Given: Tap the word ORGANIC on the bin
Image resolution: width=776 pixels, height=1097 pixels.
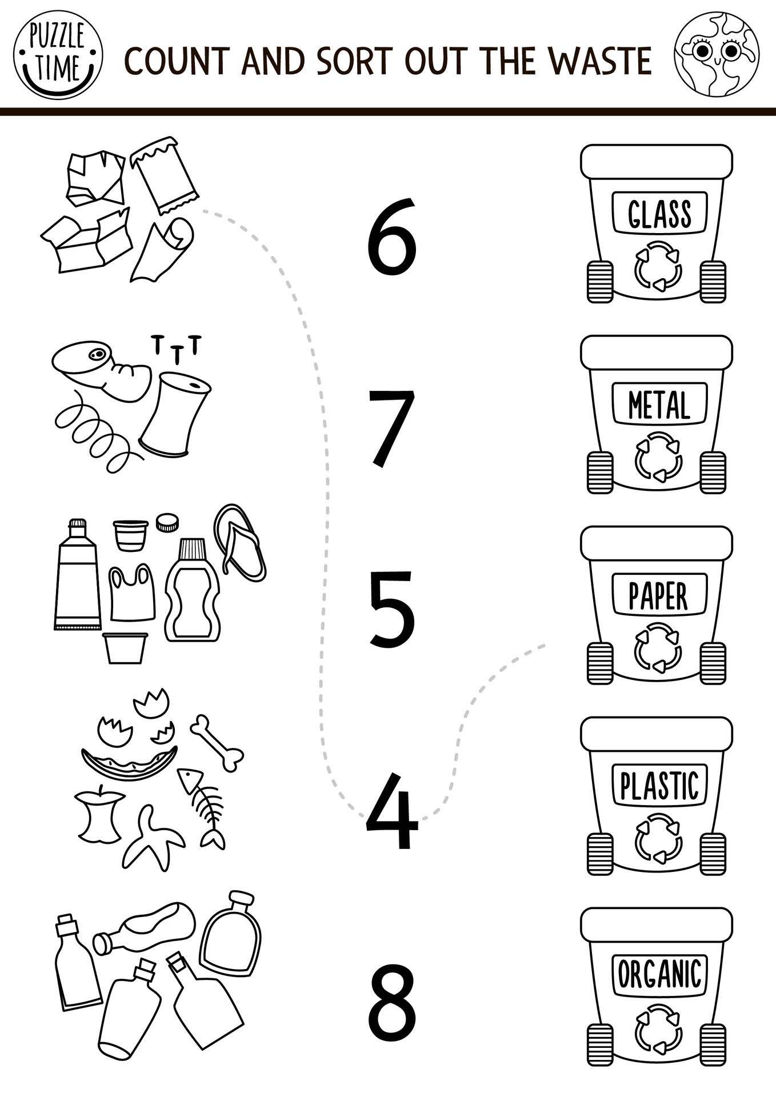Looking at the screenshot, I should coord(659,974).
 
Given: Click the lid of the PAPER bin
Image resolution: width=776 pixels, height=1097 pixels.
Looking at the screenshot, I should coord(657,542).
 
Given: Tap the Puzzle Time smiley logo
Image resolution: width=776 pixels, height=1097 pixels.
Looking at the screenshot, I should coord(57,58).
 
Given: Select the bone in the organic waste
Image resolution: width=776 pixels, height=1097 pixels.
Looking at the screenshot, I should coord(217,743).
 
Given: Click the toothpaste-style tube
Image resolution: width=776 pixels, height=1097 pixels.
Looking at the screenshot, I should coord(77,577).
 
